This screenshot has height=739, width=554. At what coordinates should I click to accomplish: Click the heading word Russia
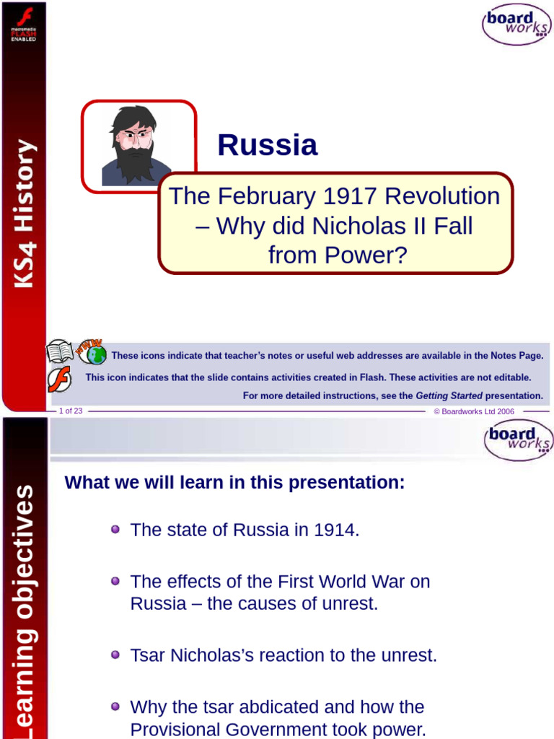click(x=267, y=145)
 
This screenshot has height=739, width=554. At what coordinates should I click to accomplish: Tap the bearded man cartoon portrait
click(x=135, y=146)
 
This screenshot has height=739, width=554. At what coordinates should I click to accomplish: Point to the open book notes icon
click(x=60, y=351)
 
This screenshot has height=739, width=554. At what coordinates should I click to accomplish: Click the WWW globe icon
click(x=92, y=351)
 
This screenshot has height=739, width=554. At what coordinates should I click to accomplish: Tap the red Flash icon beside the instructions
click(x=60, y=378)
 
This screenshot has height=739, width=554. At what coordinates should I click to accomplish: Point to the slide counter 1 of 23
click(x=71, y=411)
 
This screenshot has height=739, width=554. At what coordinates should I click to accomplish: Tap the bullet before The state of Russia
click(x=115, y=530)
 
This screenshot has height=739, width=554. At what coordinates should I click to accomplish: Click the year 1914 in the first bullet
click(x=336, y=530)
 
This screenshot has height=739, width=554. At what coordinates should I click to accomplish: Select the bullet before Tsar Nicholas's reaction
click(x=115, y=655)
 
